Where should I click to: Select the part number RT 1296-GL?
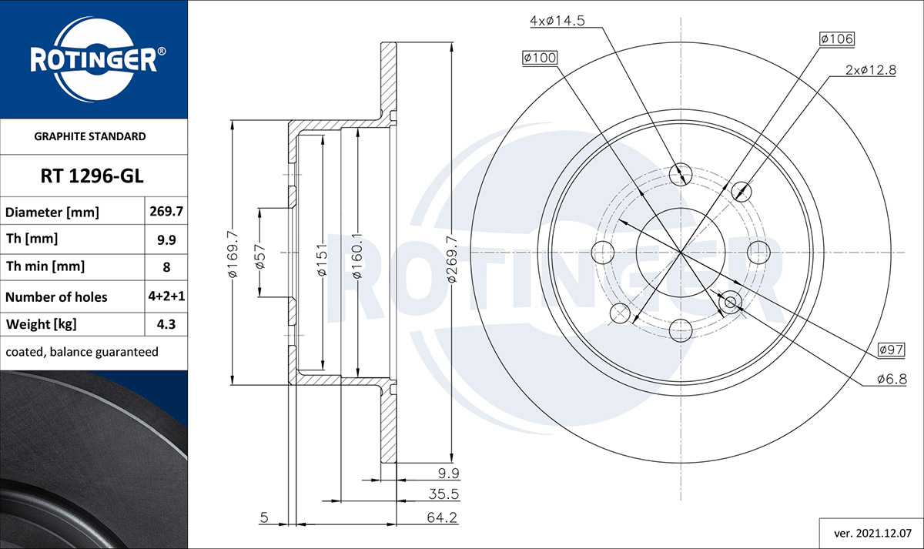92,176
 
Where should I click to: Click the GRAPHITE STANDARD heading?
90,136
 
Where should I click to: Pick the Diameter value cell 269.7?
166,211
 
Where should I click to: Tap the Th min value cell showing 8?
166,267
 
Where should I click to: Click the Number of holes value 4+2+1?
166,296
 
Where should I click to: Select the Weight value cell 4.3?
166,324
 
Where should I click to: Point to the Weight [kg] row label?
42,324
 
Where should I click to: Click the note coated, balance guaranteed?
82,352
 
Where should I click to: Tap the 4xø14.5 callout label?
557,21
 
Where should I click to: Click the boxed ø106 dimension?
837,38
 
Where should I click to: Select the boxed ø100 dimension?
540,57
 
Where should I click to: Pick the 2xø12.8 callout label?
871,70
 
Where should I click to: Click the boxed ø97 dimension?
891,350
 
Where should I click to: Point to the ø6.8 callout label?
892,379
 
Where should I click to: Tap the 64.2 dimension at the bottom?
442,517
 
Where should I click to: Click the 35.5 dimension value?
444,494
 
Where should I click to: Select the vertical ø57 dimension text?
260,256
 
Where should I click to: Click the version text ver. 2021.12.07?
873,534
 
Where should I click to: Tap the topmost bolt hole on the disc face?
680,175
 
